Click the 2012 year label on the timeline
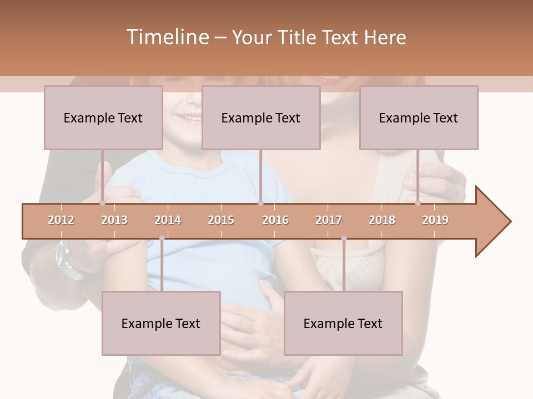(61, 220)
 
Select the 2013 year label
(114, 220)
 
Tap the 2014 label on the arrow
(168, 220)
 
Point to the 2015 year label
(221, 220)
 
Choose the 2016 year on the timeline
(275, 220)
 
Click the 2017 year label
(329, 220)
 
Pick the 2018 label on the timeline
(382, 220)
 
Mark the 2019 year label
(435, 220)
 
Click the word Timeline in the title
(166, 37)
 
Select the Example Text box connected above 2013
(103, 117)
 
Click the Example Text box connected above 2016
(261, 117)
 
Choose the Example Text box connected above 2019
(419, 117)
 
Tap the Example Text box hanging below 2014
(161, 323)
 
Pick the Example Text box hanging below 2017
(343, 323)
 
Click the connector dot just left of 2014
(162, 238)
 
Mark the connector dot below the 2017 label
(344, 238)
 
